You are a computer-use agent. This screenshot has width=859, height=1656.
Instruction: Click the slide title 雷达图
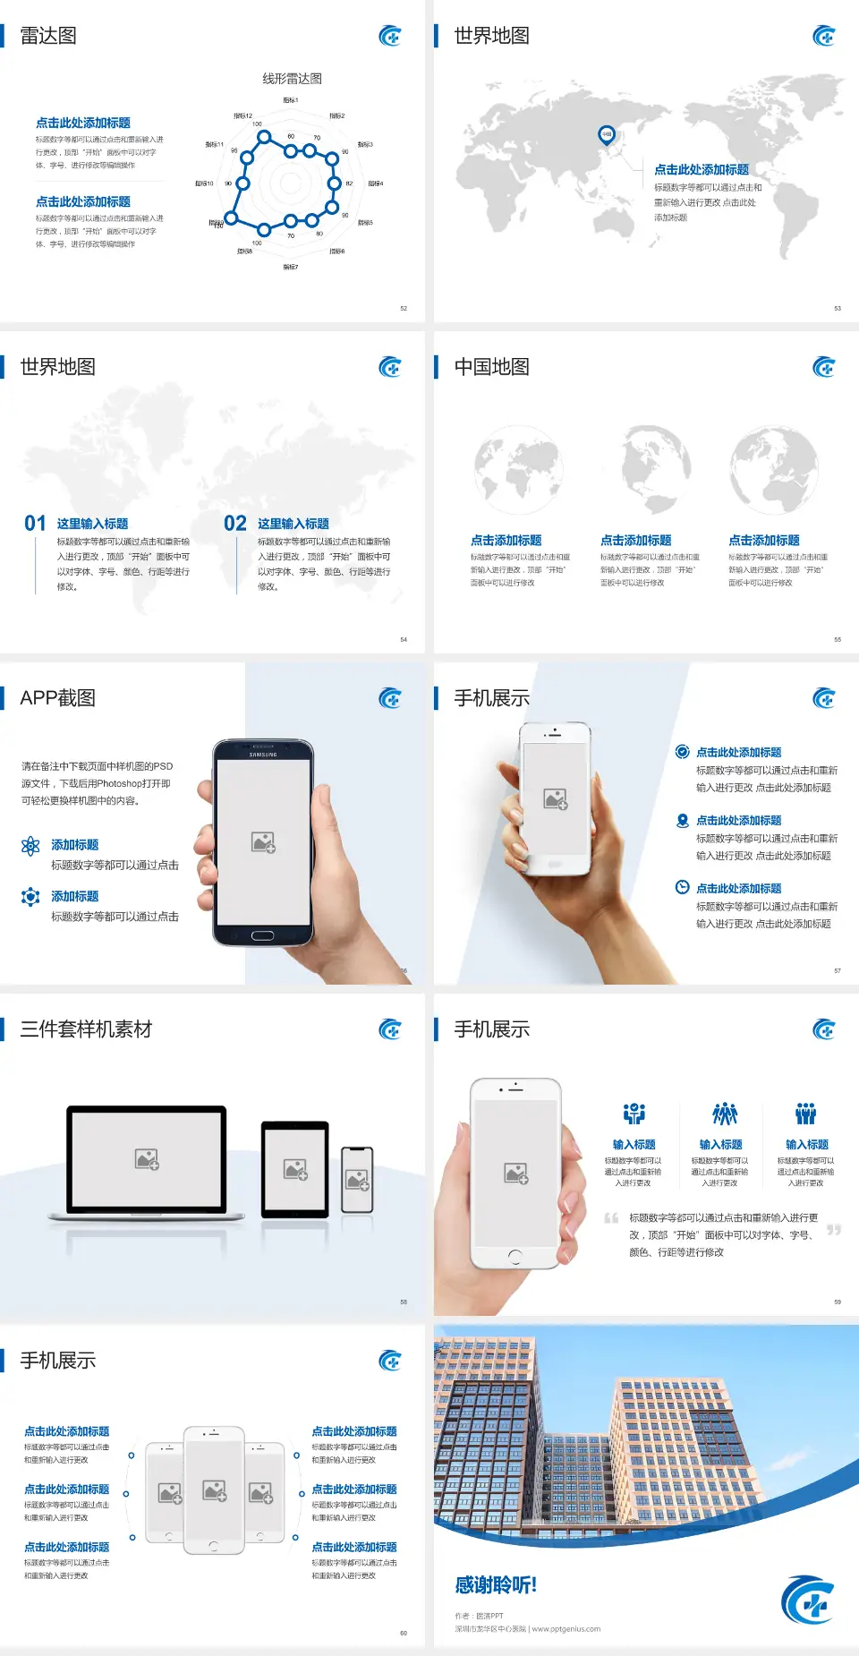[x=48, y=36]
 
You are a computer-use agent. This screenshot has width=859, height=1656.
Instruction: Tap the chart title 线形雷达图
[x=292, y=79]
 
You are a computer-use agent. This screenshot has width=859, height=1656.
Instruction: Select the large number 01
[x=35, y=524]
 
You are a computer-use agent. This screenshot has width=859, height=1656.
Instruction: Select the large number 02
[x=235, y=524]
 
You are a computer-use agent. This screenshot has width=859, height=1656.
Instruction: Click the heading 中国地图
[x=491, y=367]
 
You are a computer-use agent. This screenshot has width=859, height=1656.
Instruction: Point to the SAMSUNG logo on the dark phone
[x=263, y=755]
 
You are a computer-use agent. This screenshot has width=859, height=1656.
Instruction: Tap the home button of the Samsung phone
[x=262, y=935]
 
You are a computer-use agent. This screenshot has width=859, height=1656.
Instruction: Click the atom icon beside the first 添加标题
[x=30, y=846]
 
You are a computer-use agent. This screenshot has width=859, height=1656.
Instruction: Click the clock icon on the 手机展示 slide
[x=682, y=887]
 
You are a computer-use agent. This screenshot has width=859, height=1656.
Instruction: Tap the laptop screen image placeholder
[x=147, y=1159]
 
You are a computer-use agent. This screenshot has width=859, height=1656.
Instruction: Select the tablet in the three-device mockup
[x=295, y=1168]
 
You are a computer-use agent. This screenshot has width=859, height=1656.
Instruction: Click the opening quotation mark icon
[x=611, y=1217]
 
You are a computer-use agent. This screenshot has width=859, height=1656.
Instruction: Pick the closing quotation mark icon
[x=834, y=1230]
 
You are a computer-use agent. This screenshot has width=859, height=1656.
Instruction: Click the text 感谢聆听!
[x=496, y=1585]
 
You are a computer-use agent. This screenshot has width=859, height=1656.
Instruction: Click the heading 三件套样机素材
[x=86, y=1029]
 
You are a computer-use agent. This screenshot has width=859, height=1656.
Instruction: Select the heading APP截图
[x=57, y=698]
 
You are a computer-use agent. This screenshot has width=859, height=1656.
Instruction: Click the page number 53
[x=838, y=308]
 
